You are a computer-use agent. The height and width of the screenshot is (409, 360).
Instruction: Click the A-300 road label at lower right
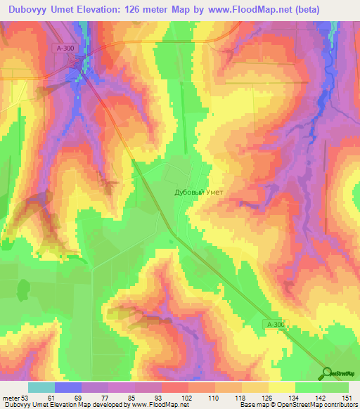tap(276, 324)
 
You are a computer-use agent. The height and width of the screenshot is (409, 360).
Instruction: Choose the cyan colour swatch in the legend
tap(41, 387)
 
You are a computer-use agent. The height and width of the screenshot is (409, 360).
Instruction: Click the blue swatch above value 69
tap(68, 387)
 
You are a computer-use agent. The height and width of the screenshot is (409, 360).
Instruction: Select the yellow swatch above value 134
tap(282, 387)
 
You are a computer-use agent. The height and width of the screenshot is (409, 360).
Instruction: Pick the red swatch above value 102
tap(175, 387)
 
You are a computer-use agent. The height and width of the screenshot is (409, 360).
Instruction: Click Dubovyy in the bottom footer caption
tap(18, 405)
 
